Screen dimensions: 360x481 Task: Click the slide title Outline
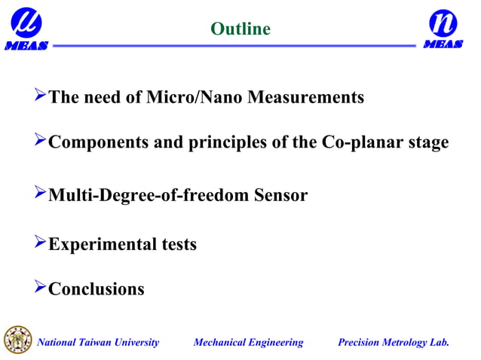240,29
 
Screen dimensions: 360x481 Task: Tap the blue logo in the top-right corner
443,28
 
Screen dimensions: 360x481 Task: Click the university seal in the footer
18,340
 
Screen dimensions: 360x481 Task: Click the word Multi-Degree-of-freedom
147,196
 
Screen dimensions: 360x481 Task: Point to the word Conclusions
96,289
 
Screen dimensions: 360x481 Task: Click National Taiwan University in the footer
99,343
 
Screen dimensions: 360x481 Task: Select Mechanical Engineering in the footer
248,343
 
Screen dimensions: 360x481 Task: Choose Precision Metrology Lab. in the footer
394,343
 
